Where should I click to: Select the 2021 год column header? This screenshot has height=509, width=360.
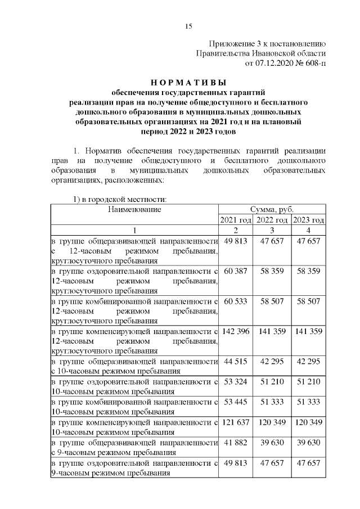(x=235, y=220)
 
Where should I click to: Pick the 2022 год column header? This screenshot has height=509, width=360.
(x=272, y=220)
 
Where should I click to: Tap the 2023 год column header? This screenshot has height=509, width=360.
(x=309, y=220)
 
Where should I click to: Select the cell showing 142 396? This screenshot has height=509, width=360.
(x=236, y=331)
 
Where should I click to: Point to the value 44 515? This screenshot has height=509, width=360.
(x=236, y=361)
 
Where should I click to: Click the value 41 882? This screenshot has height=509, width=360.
(x=236, y=443)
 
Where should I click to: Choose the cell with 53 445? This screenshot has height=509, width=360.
(x=236, y=403)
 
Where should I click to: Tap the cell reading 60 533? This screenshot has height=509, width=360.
(x=236, y=302)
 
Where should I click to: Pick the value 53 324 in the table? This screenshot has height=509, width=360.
(x=236, y=381)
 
